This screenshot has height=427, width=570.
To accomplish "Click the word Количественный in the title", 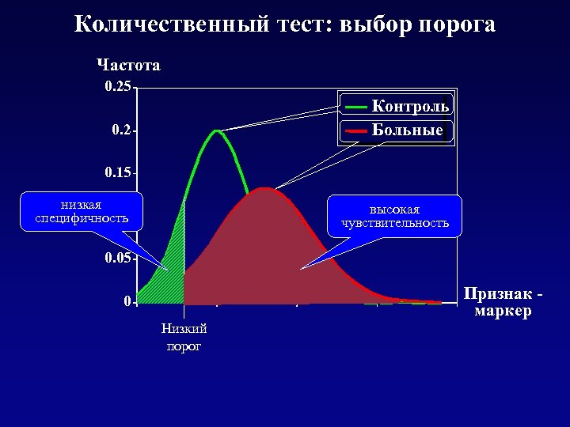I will [173, 25].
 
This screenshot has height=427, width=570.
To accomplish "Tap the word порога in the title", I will [456, 25].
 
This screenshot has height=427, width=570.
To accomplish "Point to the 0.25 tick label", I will [118, 87].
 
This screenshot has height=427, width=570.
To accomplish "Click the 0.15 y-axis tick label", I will [118, 172].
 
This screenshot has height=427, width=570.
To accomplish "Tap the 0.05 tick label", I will [118, 259].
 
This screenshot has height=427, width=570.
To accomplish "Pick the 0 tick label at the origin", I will [127, 301].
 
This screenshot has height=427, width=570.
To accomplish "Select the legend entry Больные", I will [408, 130].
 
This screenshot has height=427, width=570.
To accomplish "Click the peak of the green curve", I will [217, 130].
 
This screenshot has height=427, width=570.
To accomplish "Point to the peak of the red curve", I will [266, 188].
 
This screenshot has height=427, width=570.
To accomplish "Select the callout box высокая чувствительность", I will [394, 216].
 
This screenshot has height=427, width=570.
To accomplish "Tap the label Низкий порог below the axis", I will [184, 337].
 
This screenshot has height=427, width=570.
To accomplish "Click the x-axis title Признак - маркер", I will [503, 302].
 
